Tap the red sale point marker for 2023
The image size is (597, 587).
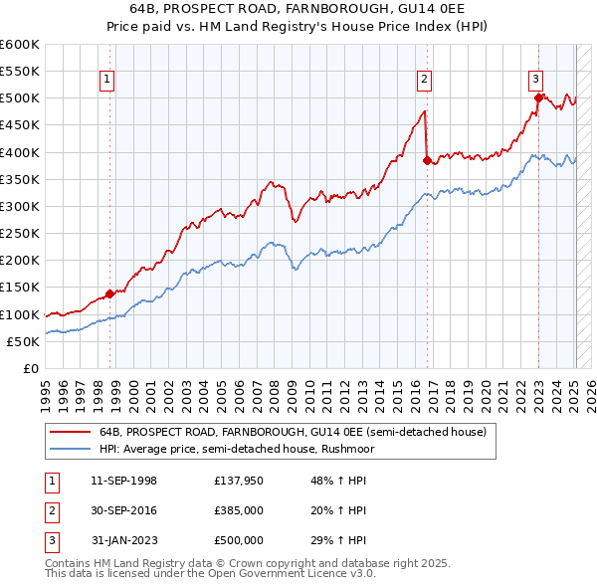538,98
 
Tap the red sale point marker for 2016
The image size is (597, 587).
427,159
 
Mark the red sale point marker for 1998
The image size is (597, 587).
110,293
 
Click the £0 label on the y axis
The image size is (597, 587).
30,369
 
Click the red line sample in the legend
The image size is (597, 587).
69,432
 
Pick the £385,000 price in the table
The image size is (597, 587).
239,510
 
